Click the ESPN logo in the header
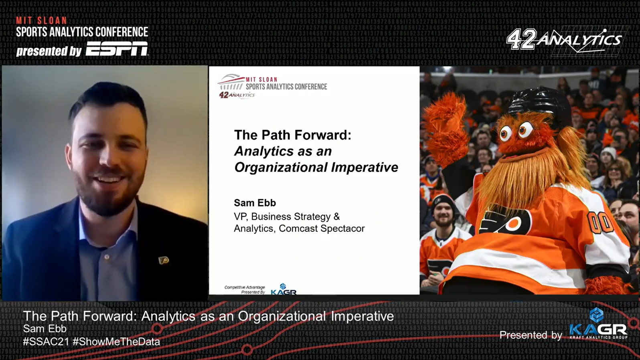pyautogui.click(x=117, y=49)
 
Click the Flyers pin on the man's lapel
pyautogui.click(x=164, y=260)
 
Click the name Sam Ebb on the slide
pyautogui.click(x=255, y=203)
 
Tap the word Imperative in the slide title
pyautogui.click(x=365, y=167)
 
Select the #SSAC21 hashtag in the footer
pyautogui.click(x=46, y=342)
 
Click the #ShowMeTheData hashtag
pyautogui.click(x=117, y=342)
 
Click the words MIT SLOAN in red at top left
pyautogui.click(x=41, y=20)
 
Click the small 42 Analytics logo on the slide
pyautogui.click(x=237, y=95)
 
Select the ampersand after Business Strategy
pyautogui.click(x=336, y=216)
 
